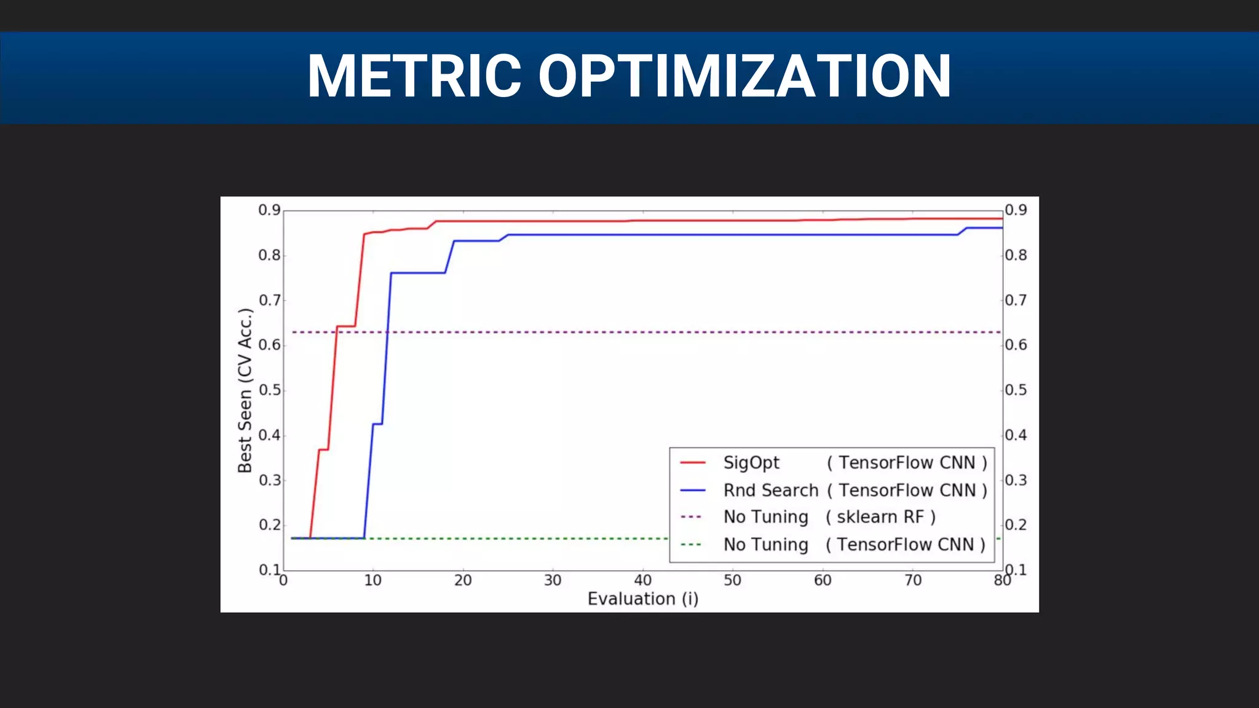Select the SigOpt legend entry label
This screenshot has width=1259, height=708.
point(751,463)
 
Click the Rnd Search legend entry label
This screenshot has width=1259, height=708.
point(771,490)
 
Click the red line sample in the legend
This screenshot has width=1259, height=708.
point(693,463)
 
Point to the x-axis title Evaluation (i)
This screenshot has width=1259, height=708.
point(643,599)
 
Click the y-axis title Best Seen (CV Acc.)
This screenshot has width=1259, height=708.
point(245,391)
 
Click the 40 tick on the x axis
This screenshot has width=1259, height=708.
point(643,580)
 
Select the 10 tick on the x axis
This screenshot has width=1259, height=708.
point(373,580)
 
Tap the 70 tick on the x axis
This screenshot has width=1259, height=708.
point(913,580)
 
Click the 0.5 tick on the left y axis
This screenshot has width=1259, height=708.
point(269,390)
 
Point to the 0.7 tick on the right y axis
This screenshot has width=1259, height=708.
point(1016,301)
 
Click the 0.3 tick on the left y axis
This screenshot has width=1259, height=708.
point(269,480)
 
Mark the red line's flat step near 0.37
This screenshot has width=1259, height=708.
point(323,450)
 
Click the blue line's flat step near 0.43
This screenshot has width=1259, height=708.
point(377,423)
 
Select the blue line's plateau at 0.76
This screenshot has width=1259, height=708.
point(418,272)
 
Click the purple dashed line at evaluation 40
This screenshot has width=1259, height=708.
point(643,332)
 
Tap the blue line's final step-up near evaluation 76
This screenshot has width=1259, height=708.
point(963,231)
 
